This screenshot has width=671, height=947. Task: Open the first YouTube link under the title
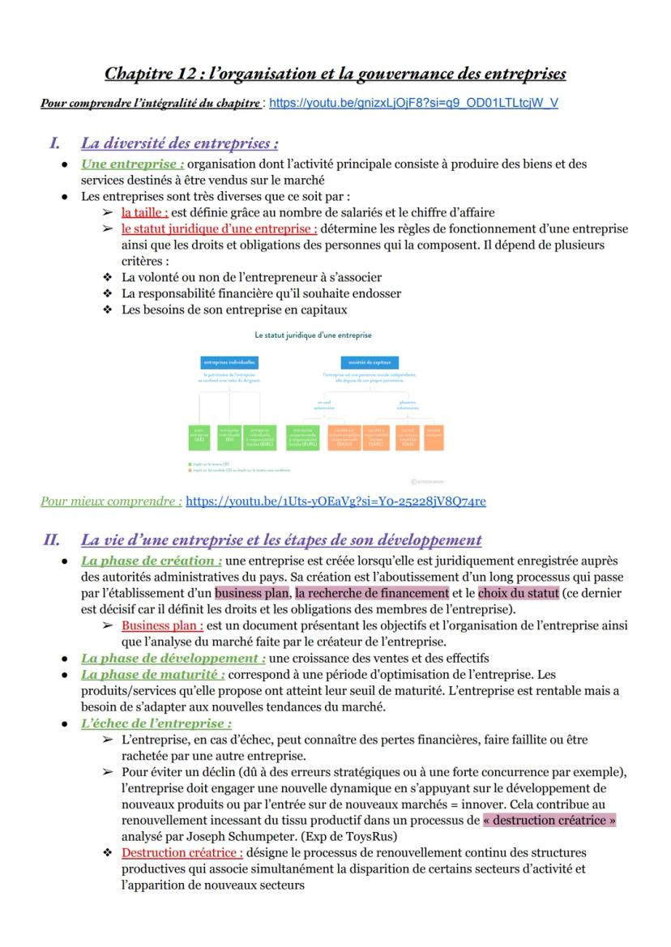pyautogui.click(x=412, y=104)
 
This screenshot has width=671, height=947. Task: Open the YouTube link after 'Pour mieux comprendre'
pyautogui.click(x=335, y=501)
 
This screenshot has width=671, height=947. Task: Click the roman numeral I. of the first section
pyautogui.click(x=55, y=144)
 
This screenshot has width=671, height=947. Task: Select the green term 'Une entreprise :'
pyautogui.click(x=133, y=164)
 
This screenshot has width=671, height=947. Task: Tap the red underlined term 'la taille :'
pyautogui.click(x=145, y=212)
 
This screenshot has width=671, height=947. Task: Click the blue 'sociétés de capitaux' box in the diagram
pyautogui.click(x=364, y=362)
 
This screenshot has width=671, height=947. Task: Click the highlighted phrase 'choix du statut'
pyautogui.click(x=519, y=593)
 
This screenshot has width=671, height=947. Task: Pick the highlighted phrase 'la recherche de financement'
pyautogui.click(x=372, y=593)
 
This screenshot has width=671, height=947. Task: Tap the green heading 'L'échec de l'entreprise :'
pyautogui.click(x=156, y=723)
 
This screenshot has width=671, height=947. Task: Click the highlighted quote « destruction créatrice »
pyautogui.click(x=549, y=820)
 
